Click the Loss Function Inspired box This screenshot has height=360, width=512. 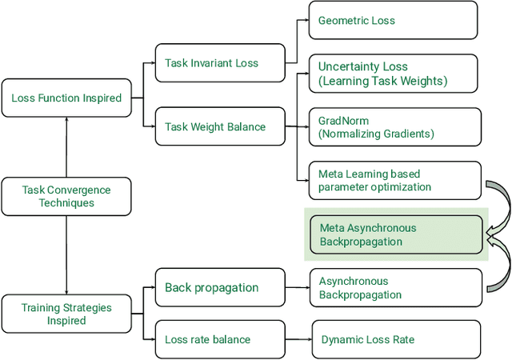(66, 98)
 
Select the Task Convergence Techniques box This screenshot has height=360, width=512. (66, 197)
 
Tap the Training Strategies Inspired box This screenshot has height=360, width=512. (66, 314)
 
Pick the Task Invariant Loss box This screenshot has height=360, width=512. (218, 62)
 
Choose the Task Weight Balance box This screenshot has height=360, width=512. (218, 126)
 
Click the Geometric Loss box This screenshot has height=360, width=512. (395, 20)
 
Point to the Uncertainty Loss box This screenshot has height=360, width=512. (395, 74)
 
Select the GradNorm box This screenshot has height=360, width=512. (395, 127)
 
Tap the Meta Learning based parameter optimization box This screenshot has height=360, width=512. (395, 180)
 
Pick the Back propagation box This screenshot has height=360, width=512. (218, 287)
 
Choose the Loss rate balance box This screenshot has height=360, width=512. (218, 339)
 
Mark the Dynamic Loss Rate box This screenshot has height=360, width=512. (395, 339)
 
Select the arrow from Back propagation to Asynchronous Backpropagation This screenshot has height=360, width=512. (297, 288)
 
